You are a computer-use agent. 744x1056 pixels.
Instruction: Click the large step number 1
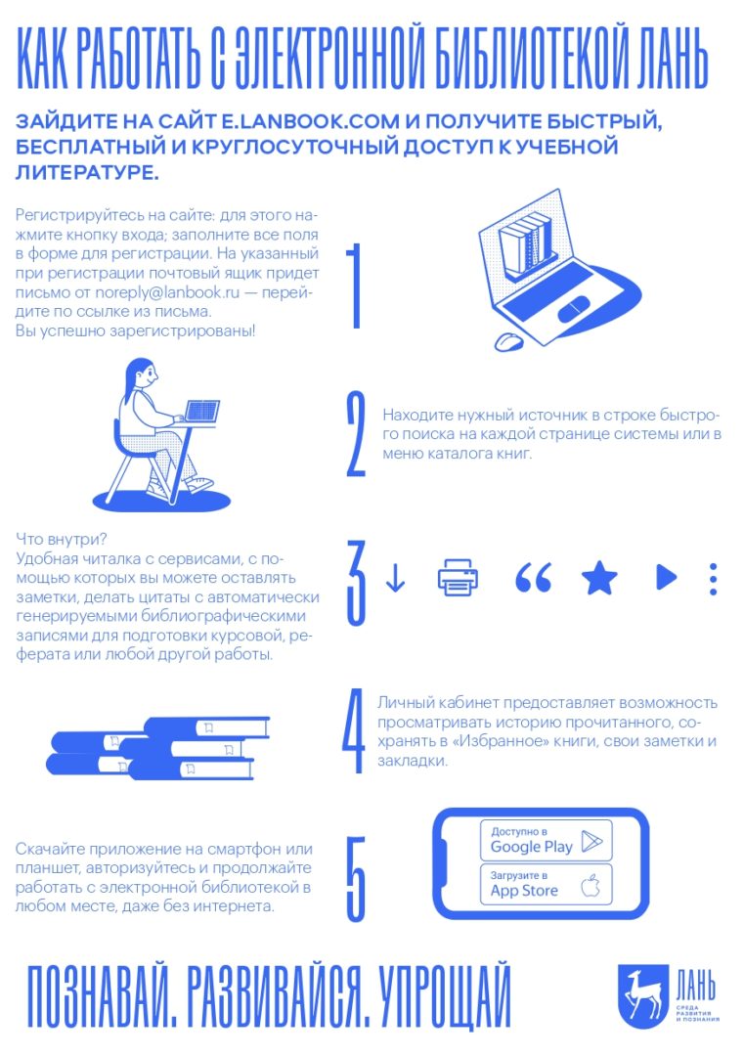(356, 286)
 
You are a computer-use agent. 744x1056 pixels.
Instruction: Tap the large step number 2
(356, 435)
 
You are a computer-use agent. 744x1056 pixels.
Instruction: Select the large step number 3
(356, 583)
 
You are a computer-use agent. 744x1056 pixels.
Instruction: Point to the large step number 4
(354, 730)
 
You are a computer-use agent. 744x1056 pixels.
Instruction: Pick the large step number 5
(356, 878)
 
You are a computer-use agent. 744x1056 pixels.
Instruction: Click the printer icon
(458, 577)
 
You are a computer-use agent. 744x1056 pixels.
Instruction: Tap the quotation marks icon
(533, 578)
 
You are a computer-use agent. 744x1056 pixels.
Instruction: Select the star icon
(599, 578)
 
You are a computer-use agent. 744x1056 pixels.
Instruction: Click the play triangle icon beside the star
(666, 577)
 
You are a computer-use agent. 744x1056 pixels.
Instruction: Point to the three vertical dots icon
(713, 579)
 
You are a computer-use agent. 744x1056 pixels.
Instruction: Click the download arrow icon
(395, 578)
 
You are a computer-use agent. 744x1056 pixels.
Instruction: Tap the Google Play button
(547, 841)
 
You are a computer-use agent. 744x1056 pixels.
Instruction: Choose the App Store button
(547, 884)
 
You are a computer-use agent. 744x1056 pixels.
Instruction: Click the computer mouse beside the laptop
(509, 341)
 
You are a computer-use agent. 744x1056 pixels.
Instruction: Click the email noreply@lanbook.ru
(167, 293)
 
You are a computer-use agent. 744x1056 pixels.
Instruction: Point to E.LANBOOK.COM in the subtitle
(310, 121)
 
